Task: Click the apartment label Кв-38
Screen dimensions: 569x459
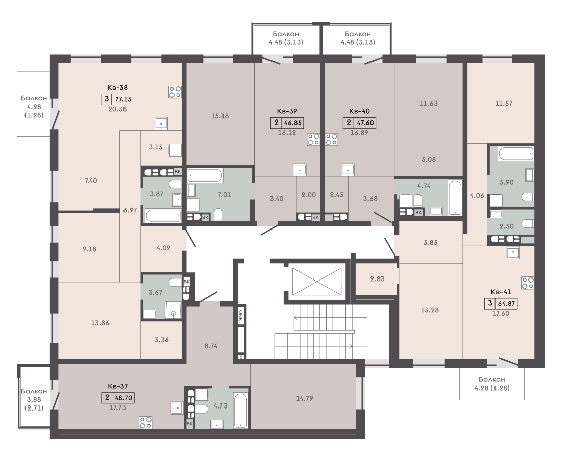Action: tap(117, 87)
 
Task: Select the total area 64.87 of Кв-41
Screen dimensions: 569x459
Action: tap(506, 303)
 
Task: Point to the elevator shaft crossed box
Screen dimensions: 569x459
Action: tap(317, 281)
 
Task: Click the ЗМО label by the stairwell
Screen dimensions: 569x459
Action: tap(240, 315)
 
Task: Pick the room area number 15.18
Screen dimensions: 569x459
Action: tap(220, 116)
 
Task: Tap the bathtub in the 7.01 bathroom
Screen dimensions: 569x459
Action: tap(205, 176)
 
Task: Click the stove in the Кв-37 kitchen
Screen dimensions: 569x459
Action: tap(145, 422)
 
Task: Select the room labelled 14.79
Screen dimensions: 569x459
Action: tap(305, 398)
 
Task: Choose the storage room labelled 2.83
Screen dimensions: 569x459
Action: tap(377, 278)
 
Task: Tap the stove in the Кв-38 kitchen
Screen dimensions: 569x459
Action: tap(175, 92)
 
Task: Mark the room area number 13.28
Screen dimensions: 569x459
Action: tap(430, 310)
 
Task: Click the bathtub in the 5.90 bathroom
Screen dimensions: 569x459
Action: tap(515, 154)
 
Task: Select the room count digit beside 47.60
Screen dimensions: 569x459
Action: tap(349, 122)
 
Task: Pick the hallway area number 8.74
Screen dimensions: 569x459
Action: tap(211, 346)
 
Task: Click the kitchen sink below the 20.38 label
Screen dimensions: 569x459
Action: tap(161, 123)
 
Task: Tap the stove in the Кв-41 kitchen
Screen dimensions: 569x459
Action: tap(527, 283)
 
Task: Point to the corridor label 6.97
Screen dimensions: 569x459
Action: tap(130, 210)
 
